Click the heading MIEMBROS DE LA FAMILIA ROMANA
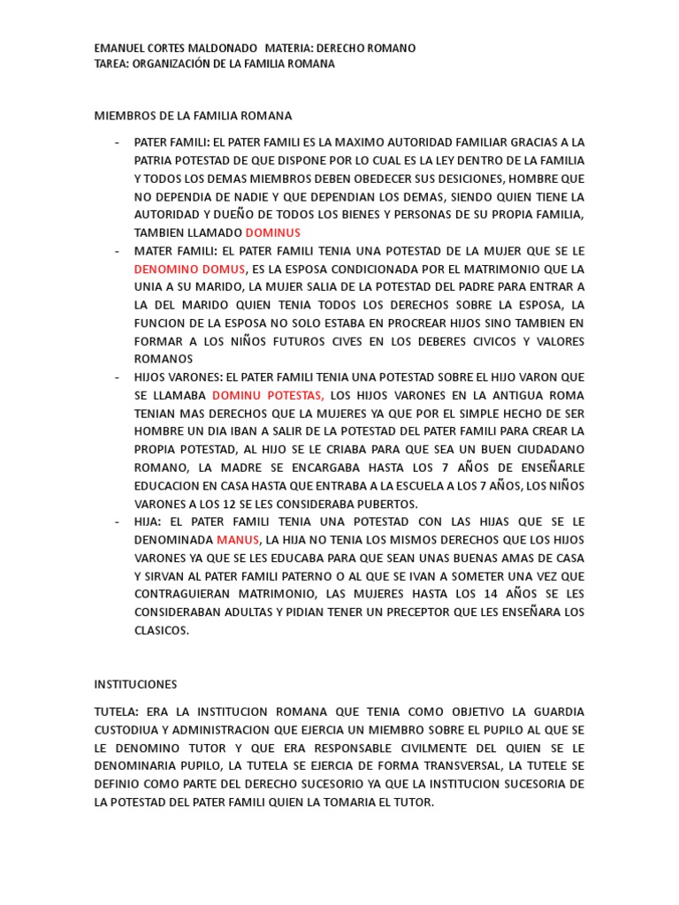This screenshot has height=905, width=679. [x=193, y=116]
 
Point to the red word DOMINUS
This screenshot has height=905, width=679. [x=272, y=232]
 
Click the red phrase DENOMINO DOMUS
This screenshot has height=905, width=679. [x=189, y=269]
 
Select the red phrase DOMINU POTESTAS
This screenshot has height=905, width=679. [x=269, y=396]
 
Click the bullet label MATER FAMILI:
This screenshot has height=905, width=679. [x=176, y=251]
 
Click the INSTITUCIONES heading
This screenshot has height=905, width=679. [x=135, y=684]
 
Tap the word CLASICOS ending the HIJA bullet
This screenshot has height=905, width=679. [x=162, y=630]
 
